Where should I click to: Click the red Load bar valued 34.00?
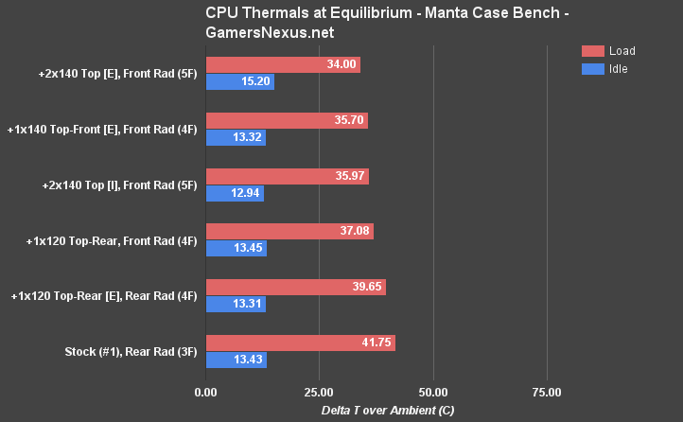tap(282, 64)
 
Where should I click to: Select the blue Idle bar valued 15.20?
tap(239, 82)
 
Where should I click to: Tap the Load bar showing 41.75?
tap(300, 343)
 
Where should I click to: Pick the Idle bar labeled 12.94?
tap(234, 193)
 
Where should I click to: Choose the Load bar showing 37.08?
tap(289, 231)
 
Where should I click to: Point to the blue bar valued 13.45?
tap(236, 249)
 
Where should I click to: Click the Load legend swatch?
tap(592, 51)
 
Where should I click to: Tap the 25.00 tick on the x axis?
tap(319, 392)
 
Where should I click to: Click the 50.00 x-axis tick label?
tap(433, 392)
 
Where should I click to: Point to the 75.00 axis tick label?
tap(547, 392)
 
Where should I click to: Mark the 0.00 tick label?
tap(205, 392)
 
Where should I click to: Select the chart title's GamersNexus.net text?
tap(268, 31)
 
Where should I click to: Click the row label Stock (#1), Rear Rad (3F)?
tap(131, 351)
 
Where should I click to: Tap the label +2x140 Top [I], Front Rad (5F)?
tap(119, 185)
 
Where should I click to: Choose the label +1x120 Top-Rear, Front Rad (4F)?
tap(112, 240)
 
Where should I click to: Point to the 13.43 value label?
tap(246, 360)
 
